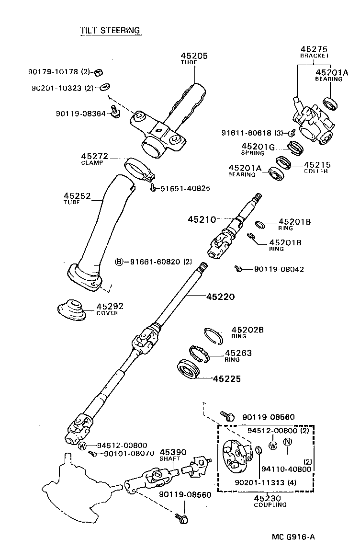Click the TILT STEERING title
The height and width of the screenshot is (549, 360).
point(110,31)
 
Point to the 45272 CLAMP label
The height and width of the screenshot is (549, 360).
point(94,159)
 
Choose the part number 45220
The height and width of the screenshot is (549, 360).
point(220,297)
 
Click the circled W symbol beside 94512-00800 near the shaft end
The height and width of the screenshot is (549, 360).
point(82,446)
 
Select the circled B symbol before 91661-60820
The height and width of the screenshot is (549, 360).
point(119,262)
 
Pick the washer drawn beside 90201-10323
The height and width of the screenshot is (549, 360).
point(104,88)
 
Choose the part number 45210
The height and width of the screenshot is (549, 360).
point(202,219)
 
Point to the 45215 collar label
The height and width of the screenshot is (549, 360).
point(317,167)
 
